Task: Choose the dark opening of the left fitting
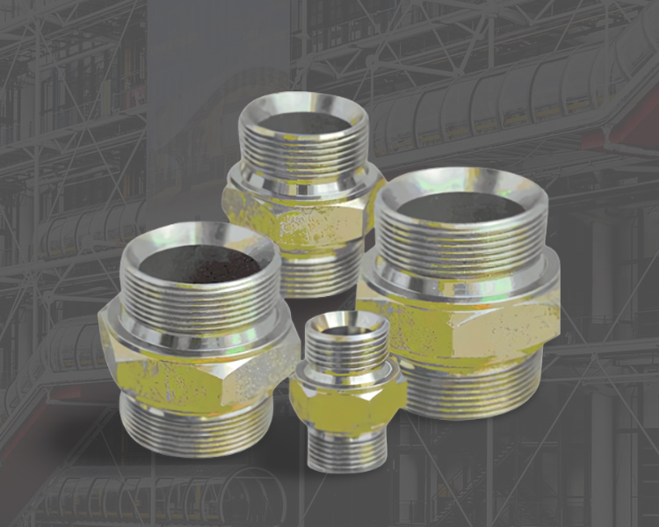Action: tap(200, 263)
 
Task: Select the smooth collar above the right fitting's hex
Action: tap(461, 278)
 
